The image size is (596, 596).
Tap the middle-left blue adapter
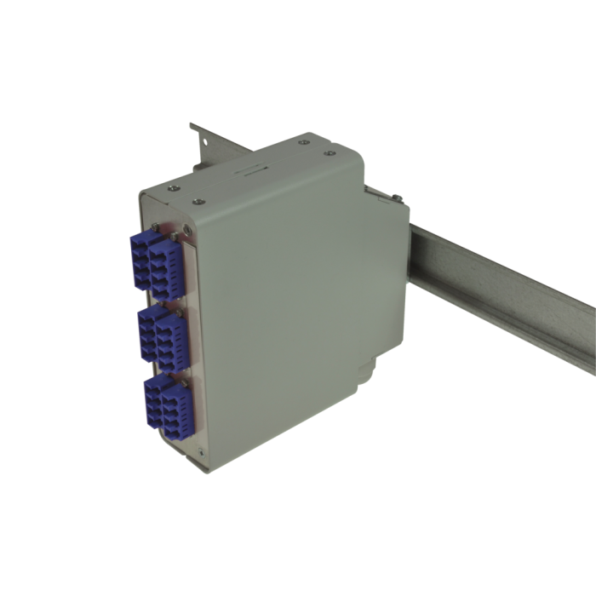pos(150,332)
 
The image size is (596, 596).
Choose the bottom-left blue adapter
pos(156,401)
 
